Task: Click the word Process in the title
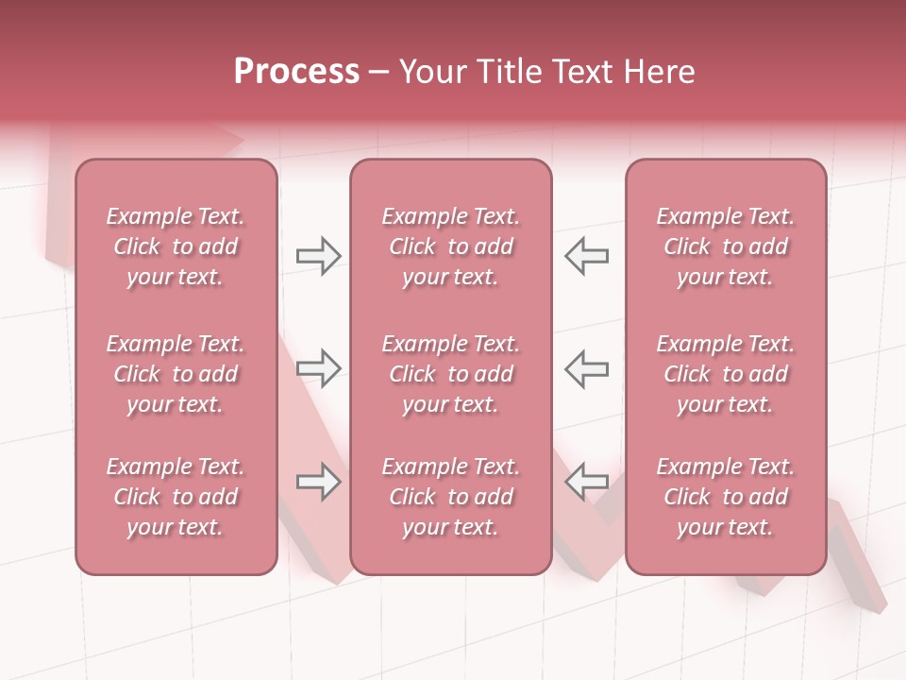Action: point(296,72)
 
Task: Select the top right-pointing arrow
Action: point(319,256)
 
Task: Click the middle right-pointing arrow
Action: point(319,368)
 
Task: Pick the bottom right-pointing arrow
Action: point(319,482)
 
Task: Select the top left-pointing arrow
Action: point(587,256)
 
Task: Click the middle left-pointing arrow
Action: point(587,368)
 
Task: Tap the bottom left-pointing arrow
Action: point(587,482)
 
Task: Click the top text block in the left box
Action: point(176,246)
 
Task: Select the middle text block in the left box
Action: point(176,374)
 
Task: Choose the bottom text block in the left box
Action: point(176,497)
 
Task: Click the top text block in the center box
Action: point(451,246)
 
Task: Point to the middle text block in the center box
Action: point(451,374)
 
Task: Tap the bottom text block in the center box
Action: point(451,497)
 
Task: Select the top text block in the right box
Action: point(726,246)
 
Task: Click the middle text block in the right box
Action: point(726,374)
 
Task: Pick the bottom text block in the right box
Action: point(726,497)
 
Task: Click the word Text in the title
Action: point(582,72)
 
